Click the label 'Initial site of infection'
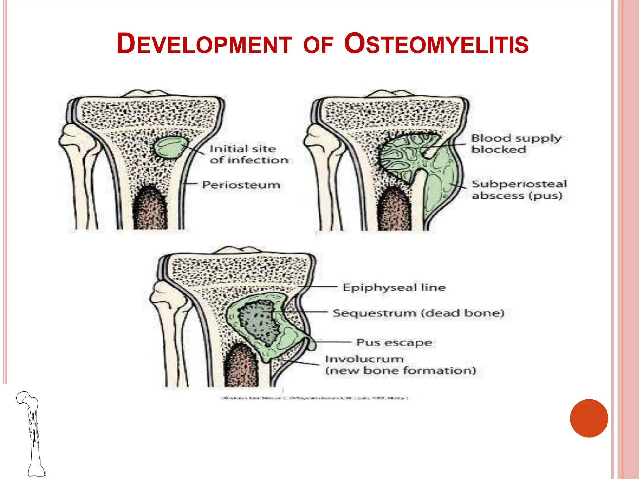pos(248,154)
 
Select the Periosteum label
pos(241,185)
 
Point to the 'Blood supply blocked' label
pos(516,143)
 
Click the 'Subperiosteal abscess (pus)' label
pos(519,190)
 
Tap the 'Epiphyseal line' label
pos(394,287)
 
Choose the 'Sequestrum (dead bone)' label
pos(418,313)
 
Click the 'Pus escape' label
pos(394,342)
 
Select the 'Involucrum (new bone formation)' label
pos(400,365)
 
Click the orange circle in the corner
pos(589,418)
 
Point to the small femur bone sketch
pos(31,433)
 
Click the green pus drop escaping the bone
pos(312,345)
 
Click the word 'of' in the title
pos(318,45)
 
